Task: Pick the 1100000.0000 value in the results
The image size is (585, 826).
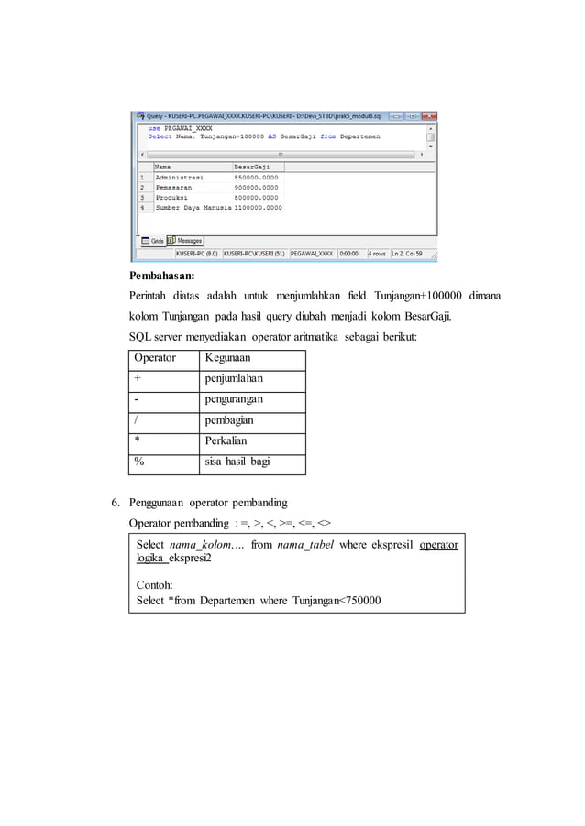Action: tap(258, 208)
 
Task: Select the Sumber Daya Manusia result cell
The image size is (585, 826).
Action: tap(193, 208)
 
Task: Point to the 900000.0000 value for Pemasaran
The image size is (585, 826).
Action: tap(256, 187)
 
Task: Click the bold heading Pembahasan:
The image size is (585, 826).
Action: tap(161, 274)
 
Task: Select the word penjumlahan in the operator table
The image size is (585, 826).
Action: tap(234, 378)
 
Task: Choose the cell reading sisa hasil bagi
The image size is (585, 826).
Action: tap(237, 462)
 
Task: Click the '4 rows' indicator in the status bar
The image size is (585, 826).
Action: tap(377, 254)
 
